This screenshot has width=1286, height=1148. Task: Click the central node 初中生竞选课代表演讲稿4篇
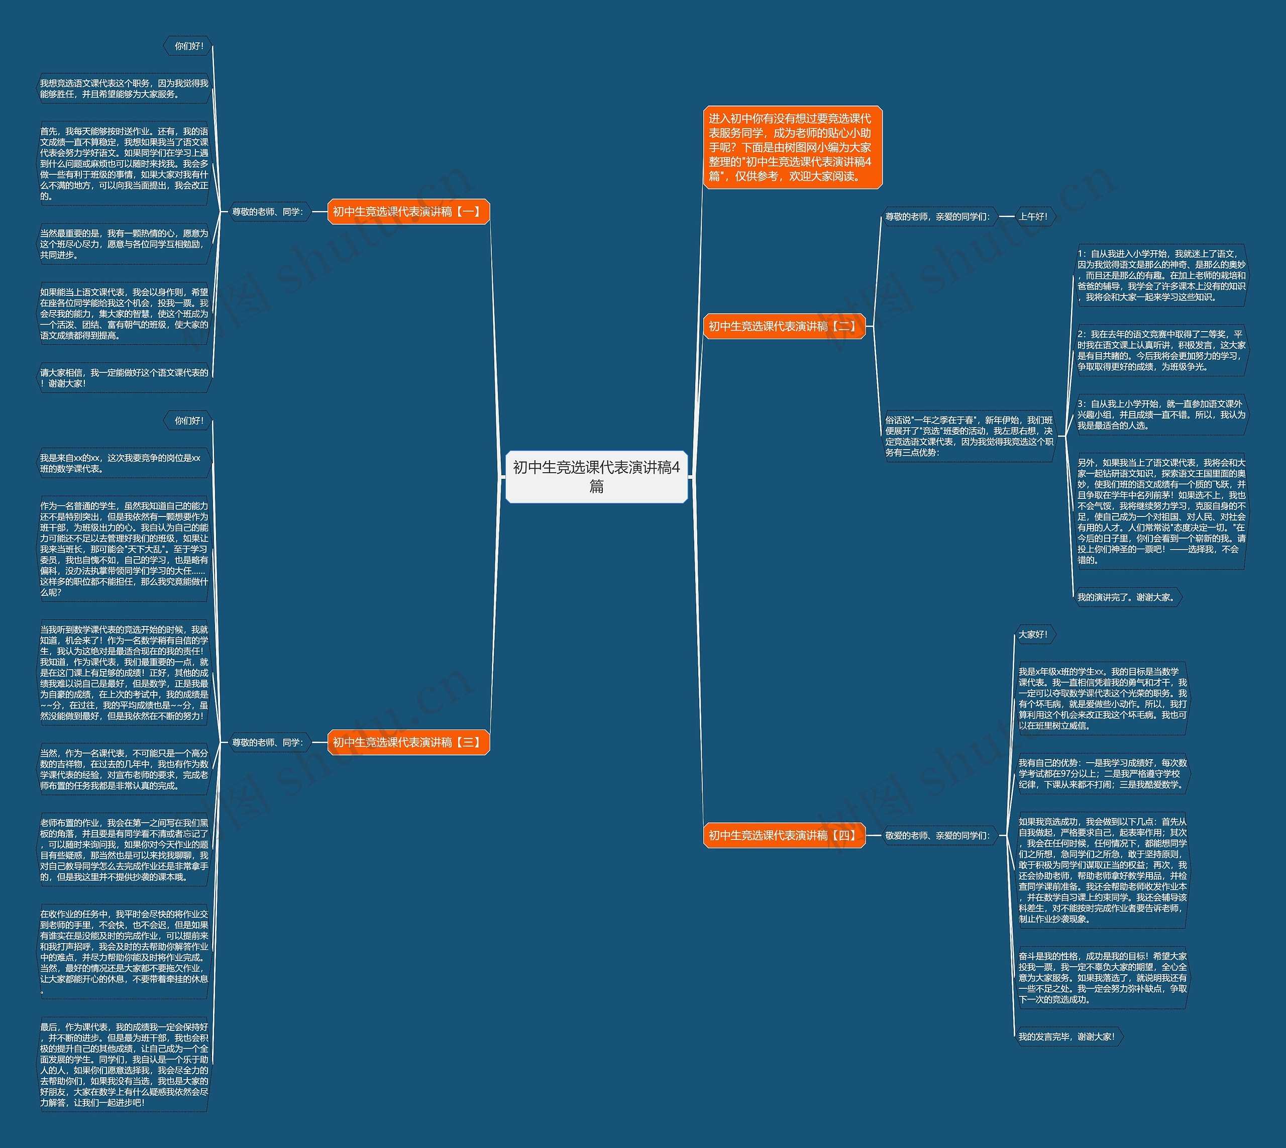(596, 477)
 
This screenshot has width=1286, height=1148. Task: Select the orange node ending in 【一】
(408, 212)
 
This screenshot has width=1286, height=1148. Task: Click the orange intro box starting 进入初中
(792, 148)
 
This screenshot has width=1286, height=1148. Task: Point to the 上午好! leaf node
(1033, 217)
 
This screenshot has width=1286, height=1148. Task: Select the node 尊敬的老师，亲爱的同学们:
(938, 217)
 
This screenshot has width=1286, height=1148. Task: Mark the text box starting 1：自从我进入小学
(1160, 275)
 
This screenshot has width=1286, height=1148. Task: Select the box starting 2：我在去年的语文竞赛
(1160, 350)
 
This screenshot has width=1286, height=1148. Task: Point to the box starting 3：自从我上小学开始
(1160, 414)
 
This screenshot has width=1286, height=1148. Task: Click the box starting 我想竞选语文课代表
(124, 89)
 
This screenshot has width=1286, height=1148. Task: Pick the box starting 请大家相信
(124, 378)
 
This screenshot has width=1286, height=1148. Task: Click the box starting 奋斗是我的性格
(1102, 978)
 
